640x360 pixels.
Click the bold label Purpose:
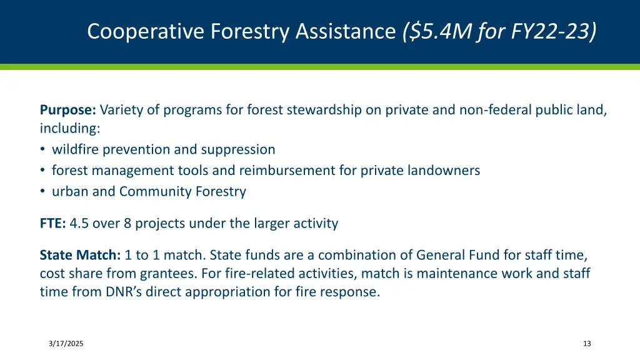click(x=67, y=110)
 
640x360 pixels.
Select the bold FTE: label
click(x=52, y=223)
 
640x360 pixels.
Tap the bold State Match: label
click(x=80, y=255)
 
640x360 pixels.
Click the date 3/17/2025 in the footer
click(x=66, y=344)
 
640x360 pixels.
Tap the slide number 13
click(x=586, y=344)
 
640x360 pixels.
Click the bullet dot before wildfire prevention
click(x=42, y=150)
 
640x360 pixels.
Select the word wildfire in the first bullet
click(x=76, y=149)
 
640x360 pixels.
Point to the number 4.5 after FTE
click(x=79, y=223)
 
